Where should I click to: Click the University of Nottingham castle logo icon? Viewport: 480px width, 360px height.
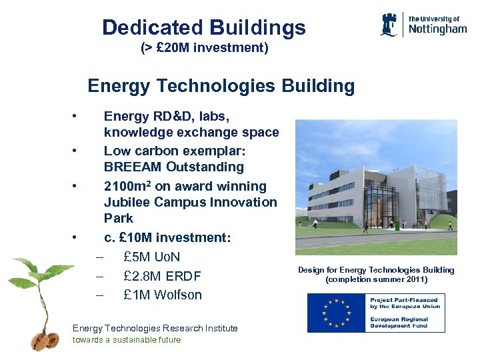(x=389, y=24)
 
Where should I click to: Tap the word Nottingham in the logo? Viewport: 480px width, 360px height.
(x=437, y=29)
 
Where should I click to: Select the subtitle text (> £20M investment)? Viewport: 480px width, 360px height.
(x=204, y=48)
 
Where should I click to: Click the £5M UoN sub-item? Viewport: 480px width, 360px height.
(x=152, y=257)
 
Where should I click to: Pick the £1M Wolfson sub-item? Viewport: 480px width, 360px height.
(x=163, y=295)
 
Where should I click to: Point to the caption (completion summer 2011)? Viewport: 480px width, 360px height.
(x=376, y=279)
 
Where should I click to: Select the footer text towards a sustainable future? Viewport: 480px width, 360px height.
(x=127, y=339)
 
